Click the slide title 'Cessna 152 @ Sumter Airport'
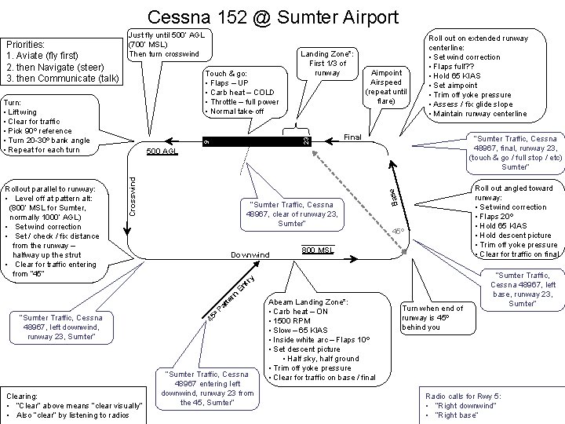pos(272,16)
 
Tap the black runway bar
pos(251,141)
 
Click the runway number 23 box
pos(307,140)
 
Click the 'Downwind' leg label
pos(250,255)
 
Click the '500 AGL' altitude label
pos(162,151)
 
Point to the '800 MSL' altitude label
pos(318,250)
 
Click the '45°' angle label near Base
pos(399,231)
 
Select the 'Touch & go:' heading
pos(224,72)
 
